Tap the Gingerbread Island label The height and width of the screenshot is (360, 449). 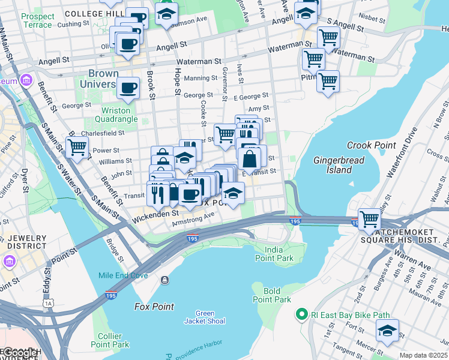[x=332, y=165]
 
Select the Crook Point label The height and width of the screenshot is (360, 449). [x=371, y=145]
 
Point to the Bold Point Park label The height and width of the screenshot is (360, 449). [x=271, y=295]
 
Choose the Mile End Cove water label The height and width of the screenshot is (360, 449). [x=123, y=276]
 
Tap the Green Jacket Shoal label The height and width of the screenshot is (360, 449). [x=205, y=317]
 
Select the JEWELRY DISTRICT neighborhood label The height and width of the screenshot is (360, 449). [x=26, y=242]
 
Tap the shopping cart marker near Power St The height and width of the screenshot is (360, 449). [x=77, y=146]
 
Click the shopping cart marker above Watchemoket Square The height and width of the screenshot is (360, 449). [x=369, y=218]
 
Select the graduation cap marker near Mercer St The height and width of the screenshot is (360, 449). [x=387, y=329]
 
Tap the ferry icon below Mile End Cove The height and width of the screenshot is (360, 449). [x=164, y=280]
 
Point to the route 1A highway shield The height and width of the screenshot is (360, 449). [x=49, y=304]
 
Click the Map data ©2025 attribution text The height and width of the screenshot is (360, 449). [x=423, y=355]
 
